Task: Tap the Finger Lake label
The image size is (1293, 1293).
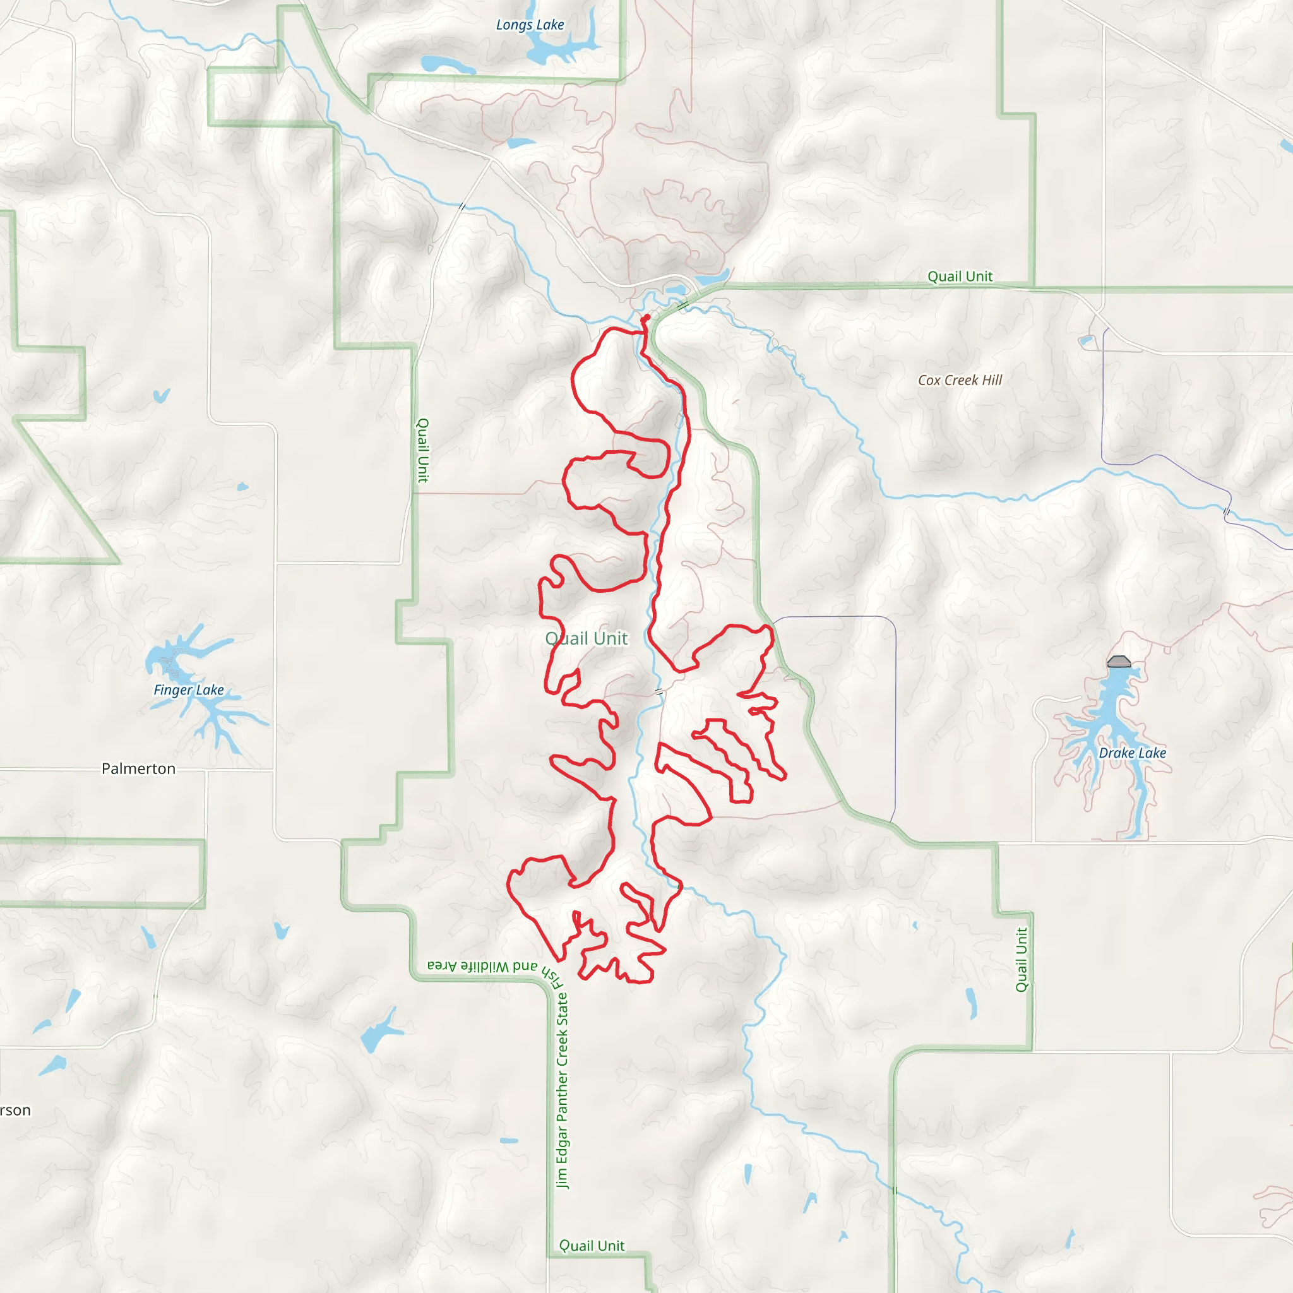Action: [189, 690]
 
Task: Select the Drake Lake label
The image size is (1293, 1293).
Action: [1132, 753]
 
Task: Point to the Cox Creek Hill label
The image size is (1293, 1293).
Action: [960, 380]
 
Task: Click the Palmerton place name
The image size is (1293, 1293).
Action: [138, 768]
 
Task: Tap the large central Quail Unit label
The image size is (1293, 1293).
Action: [587, 638]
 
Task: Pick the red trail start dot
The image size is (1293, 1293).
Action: [647, 317]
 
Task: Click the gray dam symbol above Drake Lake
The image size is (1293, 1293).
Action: [1119, 662]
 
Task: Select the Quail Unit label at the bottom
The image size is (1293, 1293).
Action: [592, 1246]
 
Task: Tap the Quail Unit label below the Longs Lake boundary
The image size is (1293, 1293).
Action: [422, 450]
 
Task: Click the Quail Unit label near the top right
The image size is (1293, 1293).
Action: [960, 277]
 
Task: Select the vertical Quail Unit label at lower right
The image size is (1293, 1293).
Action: [1022, 960]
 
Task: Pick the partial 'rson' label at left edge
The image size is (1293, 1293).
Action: [15, 1111]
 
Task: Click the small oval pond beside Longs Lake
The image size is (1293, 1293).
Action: [447, 65]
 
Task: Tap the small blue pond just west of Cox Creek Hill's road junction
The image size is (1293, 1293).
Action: [1085, 342]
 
